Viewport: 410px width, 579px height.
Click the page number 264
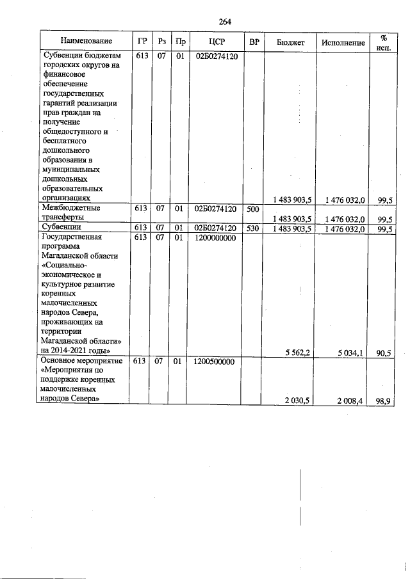[x=224, y=22]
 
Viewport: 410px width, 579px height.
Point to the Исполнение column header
[x=345, y=42]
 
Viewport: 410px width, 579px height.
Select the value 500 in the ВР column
[x=253, y=209]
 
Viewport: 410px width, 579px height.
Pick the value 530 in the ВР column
[x=253, y=227]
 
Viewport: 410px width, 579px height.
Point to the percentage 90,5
[x=385, y=351]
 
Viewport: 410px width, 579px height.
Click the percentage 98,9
[x=385, y=400]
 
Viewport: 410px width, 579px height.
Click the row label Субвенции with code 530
[x=61, y=227]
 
